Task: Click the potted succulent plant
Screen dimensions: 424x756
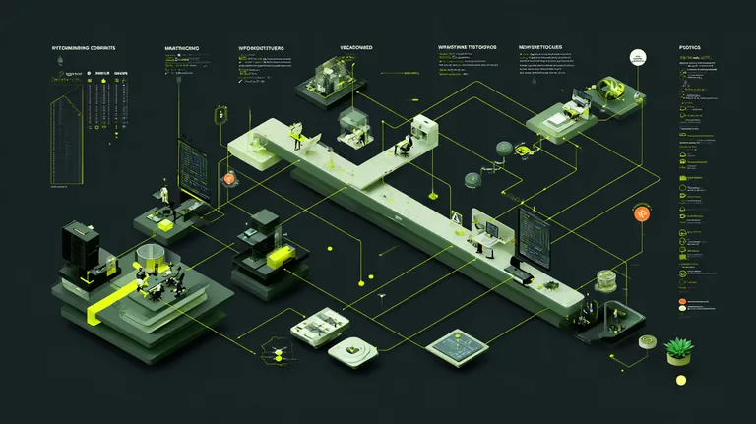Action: (x=678, y=348)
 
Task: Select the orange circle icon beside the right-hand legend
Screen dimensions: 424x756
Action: (x=642, y=213)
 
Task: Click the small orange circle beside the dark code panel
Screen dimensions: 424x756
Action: (x=229, y=179)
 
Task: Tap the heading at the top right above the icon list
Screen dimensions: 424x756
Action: (x=690, y=47)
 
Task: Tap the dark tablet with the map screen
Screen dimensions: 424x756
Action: (x=458, y=343)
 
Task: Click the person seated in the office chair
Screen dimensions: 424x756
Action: (x=404, y=146)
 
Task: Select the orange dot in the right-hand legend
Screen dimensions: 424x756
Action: (x=681, y=300)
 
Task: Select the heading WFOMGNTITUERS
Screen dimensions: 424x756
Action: (x=262, y=47)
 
